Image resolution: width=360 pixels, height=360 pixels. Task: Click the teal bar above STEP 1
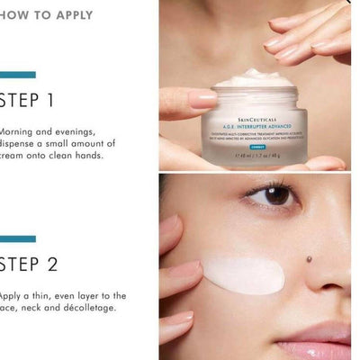click(18, 75)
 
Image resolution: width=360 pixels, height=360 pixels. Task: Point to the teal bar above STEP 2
click(18, 239)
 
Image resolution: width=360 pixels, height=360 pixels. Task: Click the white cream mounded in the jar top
click(256, 78)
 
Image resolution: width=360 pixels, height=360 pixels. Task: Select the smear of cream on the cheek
click(245, 274)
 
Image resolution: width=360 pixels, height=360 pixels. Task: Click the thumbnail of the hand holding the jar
click(255, 85)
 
